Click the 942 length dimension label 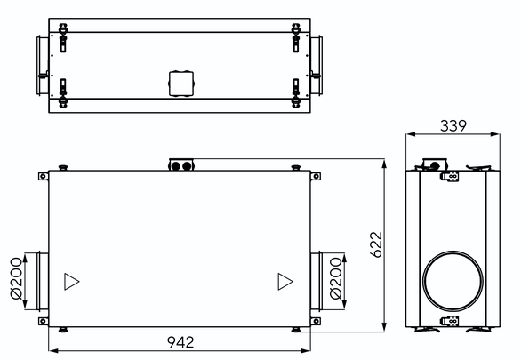click(x=180, y=342)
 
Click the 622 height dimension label click(x=376, y=244)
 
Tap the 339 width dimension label click(x=453, y=126)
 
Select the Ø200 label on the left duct click(x=16, y=278)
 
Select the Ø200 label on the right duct click(x=335, y=278)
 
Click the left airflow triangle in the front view click(x=71, y=282)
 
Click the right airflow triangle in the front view click(x=285, y=282)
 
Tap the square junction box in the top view click(x=181, y=84)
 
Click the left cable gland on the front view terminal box click(x=176, y=166)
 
